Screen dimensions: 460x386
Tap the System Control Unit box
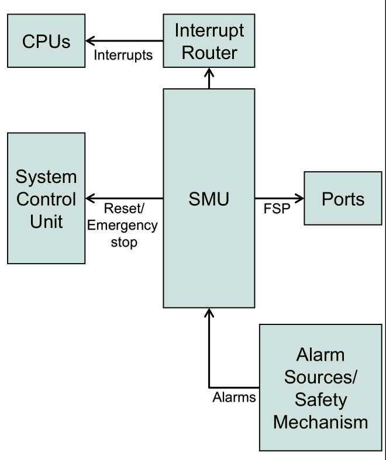click(x=46, y=199)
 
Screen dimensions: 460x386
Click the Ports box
click(x=343, y=199)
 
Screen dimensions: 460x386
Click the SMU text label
click(x=209, y=199)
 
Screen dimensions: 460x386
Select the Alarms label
click(x=234, y=398)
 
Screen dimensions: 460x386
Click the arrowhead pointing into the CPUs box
click(x=91, y=41)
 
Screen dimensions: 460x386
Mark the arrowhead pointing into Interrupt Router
click(x=209, y=71)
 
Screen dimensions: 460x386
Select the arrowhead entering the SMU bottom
click(x=209, y=313)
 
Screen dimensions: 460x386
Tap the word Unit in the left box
click(x=46, y=222)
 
